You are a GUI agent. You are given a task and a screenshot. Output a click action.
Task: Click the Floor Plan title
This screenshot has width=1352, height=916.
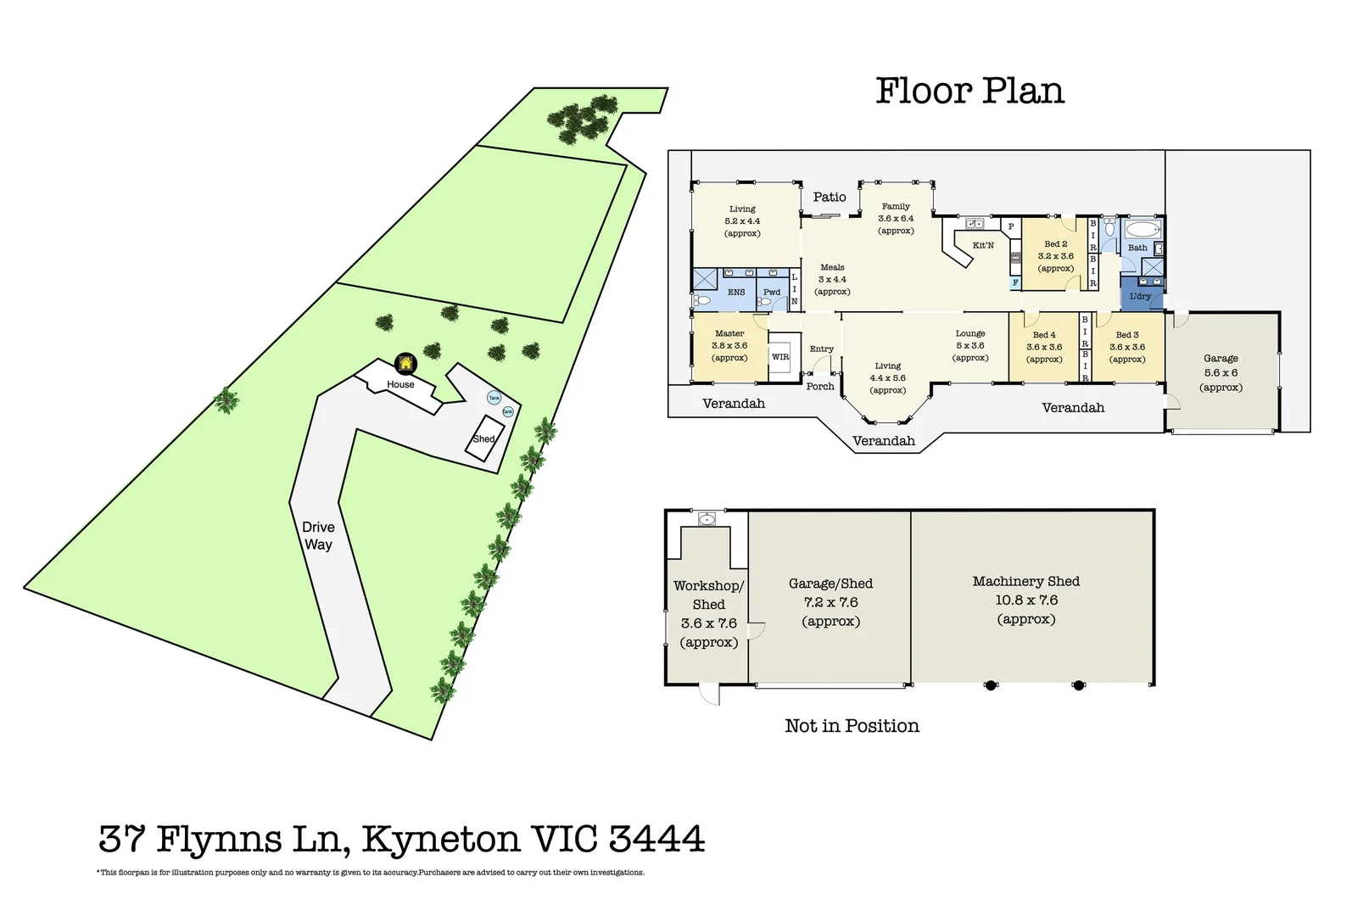[969, 92]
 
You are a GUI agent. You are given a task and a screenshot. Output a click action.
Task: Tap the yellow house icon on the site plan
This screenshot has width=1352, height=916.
[406, 364]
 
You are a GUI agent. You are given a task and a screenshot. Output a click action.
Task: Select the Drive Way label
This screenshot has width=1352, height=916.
[318, 536]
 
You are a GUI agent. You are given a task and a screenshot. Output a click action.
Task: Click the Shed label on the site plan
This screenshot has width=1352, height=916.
[483, 439]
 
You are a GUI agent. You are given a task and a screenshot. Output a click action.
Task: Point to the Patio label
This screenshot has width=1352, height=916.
[830, 197]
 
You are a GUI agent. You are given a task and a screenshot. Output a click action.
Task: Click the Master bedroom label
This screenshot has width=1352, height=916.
[729, 334]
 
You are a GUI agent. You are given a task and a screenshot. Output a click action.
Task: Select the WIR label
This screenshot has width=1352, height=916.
[780, 357]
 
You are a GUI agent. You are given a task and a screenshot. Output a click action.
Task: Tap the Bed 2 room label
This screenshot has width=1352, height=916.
[1056, 244]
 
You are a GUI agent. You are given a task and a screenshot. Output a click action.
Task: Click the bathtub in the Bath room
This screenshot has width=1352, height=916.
[1141, 230]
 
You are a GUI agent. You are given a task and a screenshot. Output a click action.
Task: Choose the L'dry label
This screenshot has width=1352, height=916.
[1140, 297]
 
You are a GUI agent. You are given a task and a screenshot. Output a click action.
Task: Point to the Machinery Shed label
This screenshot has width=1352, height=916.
[1026, 582]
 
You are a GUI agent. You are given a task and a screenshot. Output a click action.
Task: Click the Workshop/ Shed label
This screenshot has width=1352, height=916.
[709, 595]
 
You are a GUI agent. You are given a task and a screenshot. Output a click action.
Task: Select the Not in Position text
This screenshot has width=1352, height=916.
[852, 726]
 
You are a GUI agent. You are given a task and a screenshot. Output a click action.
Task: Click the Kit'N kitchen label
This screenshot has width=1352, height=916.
[983, 246]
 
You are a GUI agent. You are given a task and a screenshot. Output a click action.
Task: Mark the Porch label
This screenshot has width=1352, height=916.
[820, 387]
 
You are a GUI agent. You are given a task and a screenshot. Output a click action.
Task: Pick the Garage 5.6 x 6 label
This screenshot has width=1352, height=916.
[1221, 372]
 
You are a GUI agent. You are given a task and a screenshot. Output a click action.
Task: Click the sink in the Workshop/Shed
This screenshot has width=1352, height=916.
[707, 518]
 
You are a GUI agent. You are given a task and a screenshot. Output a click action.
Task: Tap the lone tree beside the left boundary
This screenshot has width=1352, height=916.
[226, 400]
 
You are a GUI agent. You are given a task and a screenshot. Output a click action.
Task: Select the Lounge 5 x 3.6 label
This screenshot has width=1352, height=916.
[970, 345]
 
